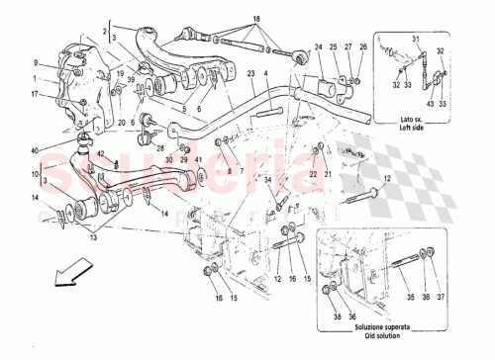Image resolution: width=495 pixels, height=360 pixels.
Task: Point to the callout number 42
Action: [x=100, y=152]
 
